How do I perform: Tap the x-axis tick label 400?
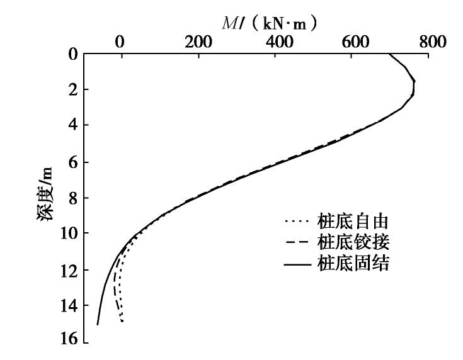[277, 42]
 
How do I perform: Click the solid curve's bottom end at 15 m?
[98, 324]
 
